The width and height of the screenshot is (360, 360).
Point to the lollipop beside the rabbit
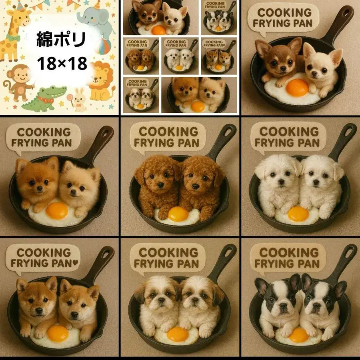tap(72, 98)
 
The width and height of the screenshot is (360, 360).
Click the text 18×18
tap(62, 63)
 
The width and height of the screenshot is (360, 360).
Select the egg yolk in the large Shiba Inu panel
tap(58, 333)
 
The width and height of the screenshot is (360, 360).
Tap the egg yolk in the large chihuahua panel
tap(297, 88)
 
